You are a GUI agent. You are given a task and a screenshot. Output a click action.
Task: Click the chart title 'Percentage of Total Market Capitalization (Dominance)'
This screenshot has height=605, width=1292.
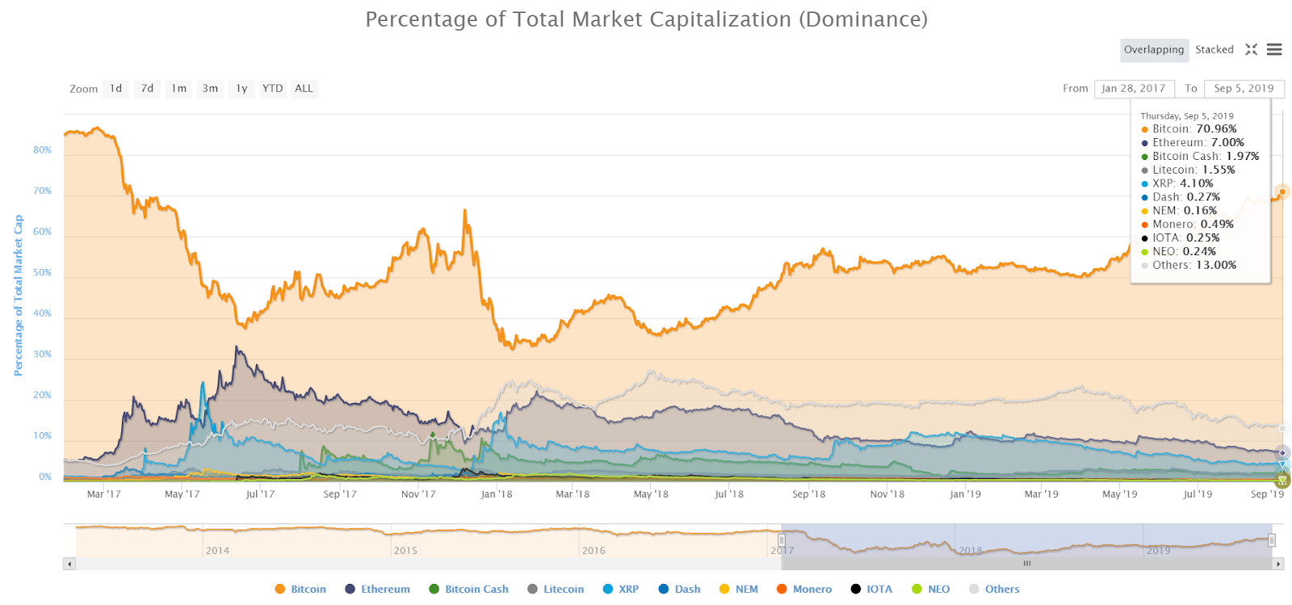click(x=646, y=19)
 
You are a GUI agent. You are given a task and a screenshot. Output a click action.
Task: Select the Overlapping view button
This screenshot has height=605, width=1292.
click(x=1154, y=50)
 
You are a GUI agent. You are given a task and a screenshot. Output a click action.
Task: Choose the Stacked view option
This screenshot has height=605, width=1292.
click(x=1214, y=50)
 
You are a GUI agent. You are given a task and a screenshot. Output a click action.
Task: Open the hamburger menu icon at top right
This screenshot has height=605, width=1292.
click(x=1274, y=50)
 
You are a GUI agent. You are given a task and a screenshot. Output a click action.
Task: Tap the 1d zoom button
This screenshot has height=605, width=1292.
click(x=116, y=89)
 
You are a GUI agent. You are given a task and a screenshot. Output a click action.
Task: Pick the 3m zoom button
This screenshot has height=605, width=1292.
click(x=210, y=89)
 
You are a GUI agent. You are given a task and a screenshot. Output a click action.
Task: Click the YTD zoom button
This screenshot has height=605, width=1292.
click(x=272, y=89)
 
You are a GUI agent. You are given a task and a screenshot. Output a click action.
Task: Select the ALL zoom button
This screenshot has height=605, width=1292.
click(x=304, y=89)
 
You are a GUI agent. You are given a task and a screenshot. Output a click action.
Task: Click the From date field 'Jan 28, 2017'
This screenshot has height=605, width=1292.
click(x=1133, y=89)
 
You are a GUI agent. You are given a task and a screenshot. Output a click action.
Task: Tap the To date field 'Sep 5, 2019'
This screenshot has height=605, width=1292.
click(x=1244, y=89)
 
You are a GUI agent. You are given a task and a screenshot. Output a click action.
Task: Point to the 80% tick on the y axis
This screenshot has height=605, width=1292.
click(x=42, y=150)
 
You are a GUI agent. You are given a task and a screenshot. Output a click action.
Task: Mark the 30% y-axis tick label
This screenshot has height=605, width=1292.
click(x=42, y=355)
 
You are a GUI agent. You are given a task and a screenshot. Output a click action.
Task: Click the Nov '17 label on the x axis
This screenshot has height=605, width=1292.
click(x=418, y=494)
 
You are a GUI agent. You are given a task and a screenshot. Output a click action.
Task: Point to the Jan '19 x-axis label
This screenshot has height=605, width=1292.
click(x=965, y=494)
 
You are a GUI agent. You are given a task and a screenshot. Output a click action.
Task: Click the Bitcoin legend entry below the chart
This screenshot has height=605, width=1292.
click(x=300, y=590)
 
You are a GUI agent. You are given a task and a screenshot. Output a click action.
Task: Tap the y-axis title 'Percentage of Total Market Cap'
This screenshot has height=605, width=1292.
click(x=19, y=295)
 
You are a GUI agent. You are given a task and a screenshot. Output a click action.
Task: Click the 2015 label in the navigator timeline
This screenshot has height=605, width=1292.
click(x=405, y=551)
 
